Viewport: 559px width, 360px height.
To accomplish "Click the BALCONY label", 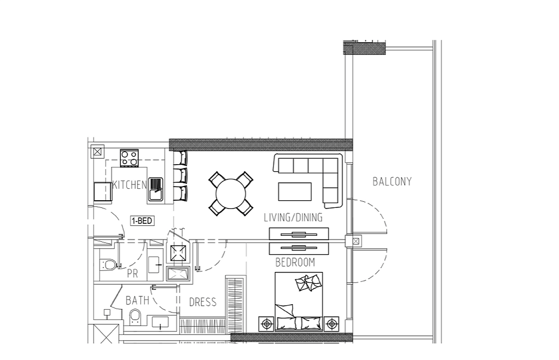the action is pos(392,182).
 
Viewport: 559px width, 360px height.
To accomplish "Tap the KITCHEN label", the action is pos(130,184).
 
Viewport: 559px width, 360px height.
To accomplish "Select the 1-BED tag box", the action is pos(142,220).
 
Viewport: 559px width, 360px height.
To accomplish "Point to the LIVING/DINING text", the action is pos(293,217).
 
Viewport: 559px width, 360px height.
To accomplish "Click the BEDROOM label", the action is pos(295,262).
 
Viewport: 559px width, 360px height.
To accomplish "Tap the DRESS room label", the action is pos(202,302).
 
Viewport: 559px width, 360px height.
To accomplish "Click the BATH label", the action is pos(137,300).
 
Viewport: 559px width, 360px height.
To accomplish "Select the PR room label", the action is pos(132,274).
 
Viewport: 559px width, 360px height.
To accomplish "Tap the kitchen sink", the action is pos(156,189).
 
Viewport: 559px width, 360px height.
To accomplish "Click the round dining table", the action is pos(231,194).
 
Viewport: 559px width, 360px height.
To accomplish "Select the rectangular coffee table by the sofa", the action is pos(295,191).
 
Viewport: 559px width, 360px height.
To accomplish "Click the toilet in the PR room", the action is pos(108,265).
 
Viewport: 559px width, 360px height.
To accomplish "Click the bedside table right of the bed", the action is pos(331,324).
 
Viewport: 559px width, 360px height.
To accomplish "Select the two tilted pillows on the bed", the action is pos(308,283).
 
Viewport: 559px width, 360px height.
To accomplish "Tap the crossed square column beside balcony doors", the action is pos(356,242).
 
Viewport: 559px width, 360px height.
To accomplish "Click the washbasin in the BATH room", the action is pos(160,322).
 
